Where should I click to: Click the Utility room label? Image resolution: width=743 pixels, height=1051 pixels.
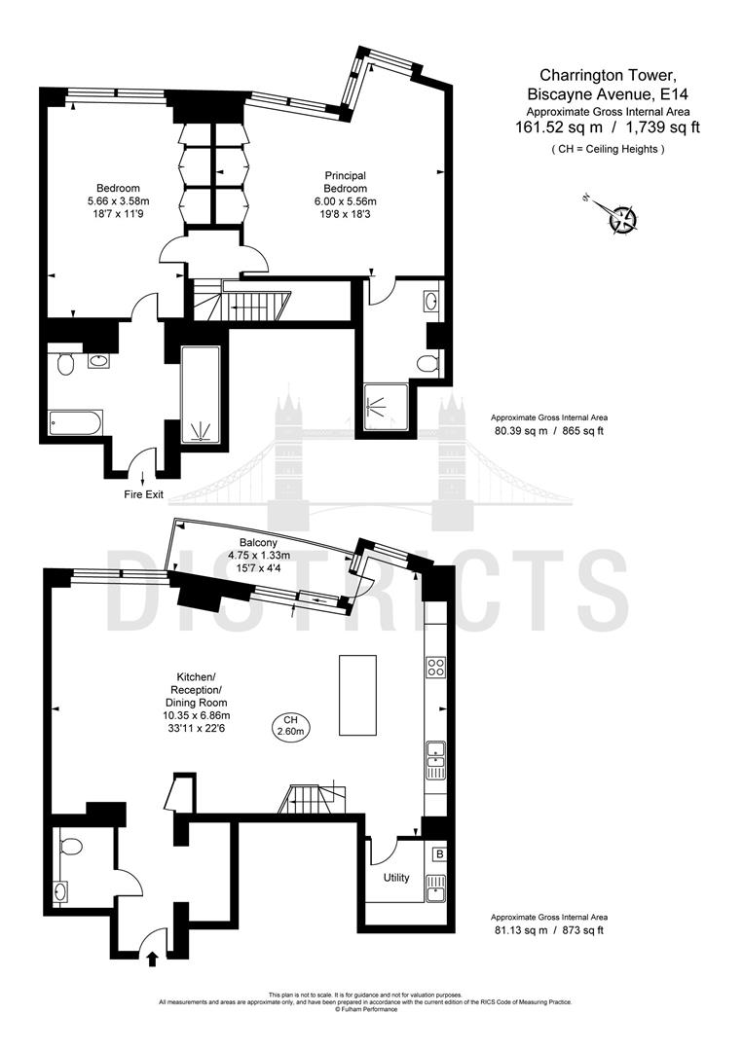[396, 878]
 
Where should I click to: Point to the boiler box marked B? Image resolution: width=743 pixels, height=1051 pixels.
[439, 855]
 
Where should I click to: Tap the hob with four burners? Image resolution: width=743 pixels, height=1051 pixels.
[435, 668]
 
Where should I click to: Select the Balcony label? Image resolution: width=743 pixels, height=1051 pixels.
[258, 543]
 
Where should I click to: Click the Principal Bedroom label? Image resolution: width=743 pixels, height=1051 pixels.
[346, 182]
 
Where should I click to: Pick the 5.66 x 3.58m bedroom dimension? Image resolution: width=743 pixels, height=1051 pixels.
[118, 201]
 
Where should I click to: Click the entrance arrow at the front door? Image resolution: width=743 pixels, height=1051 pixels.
[151, 959]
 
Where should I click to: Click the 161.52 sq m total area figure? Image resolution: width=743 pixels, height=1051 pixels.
[559, 127]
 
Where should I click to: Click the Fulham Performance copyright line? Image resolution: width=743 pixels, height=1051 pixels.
[365, 1009]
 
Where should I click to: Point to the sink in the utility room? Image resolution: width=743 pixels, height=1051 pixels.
[437, 886]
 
